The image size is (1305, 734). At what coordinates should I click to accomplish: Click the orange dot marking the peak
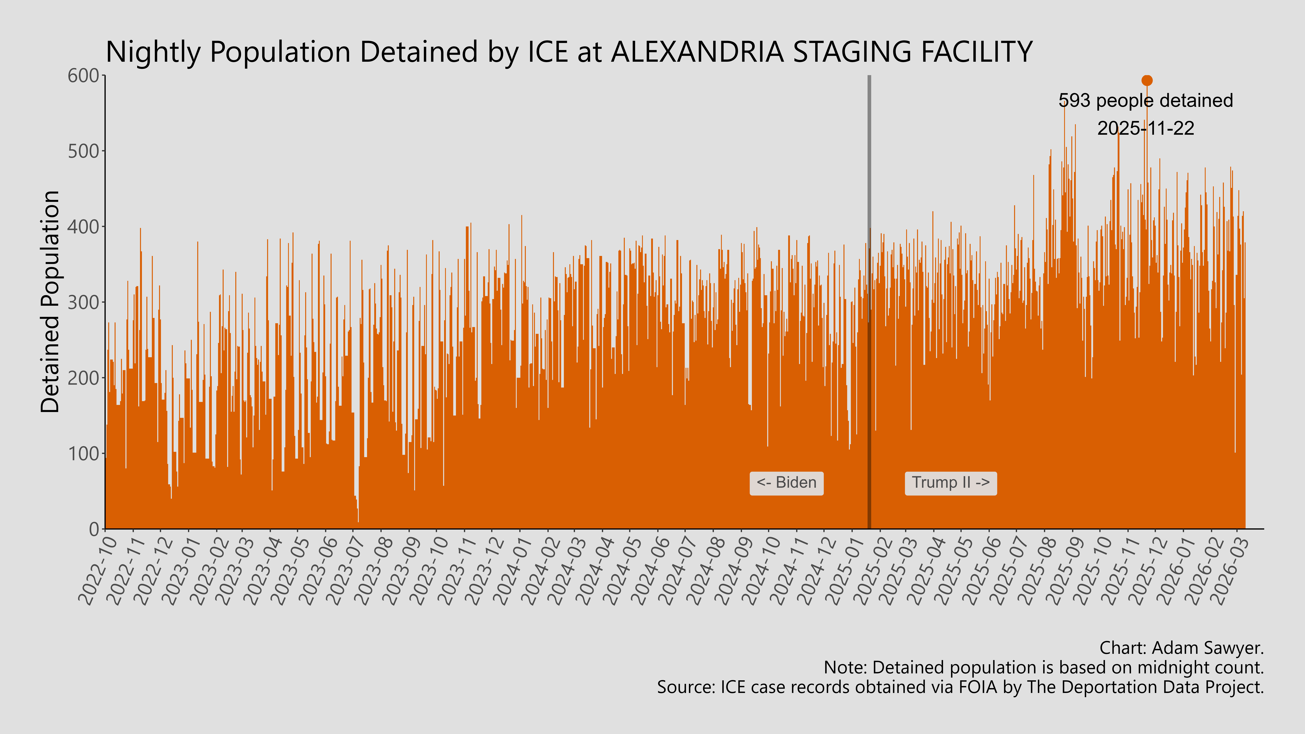coord(1147,81)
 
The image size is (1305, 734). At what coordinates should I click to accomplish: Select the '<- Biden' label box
coord(786,483)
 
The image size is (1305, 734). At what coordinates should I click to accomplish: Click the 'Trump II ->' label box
coord(950,483)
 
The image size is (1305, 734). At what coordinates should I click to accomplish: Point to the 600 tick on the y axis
coord(84,76)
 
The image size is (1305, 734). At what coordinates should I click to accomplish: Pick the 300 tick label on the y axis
coord(84,302)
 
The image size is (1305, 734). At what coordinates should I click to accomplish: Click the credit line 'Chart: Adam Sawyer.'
coord(1181,648)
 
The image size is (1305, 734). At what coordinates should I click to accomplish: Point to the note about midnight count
coord(1044,668)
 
